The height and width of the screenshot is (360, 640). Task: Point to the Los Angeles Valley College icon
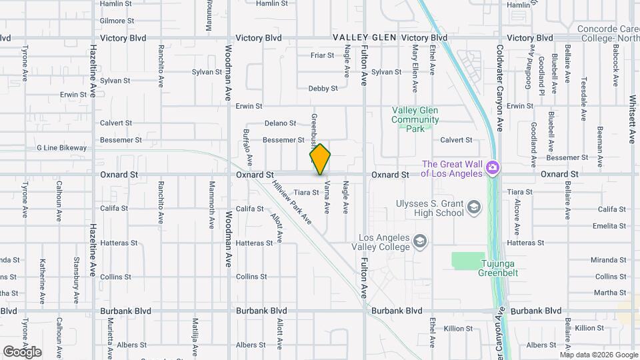click(420, 240)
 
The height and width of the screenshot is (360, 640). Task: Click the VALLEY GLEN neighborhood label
click(365, 38)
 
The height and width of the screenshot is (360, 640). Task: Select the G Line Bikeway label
click(61, 148)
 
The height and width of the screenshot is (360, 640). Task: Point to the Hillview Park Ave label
click(293, 202)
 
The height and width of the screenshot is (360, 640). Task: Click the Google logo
click(22, 351)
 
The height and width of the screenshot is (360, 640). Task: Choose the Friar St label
click(322, 55)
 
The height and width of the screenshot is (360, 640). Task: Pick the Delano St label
click(280, 123)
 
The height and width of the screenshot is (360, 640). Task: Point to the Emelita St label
click(611, 226)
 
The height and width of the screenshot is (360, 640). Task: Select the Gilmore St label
click(113, 21)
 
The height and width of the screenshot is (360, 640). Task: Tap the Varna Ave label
click(327, 197)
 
